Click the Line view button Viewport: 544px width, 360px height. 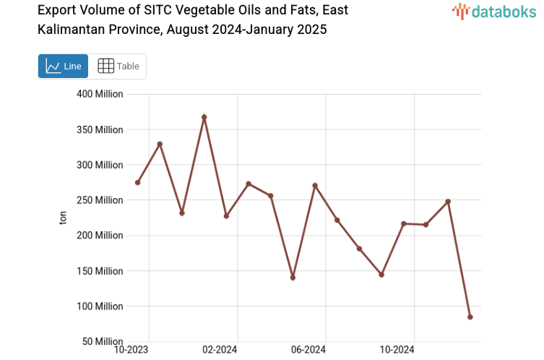(63, 67)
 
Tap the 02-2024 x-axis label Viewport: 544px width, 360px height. (220, 351)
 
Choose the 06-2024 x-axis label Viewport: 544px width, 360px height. (309, 351)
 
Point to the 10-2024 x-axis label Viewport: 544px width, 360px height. (398, 351)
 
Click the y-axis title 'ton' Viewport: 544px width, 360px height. (63, 218)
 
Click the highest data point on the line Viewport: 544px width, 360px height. (204, 117)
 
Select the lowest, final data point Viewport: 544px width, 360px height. (470, 317)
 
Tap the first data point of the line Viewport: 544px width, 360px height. (137, 182)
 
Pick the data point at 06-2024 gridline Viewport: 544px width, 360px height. (315, 185)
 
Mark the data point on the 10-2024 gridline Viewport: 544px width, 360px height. (404, 223)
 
